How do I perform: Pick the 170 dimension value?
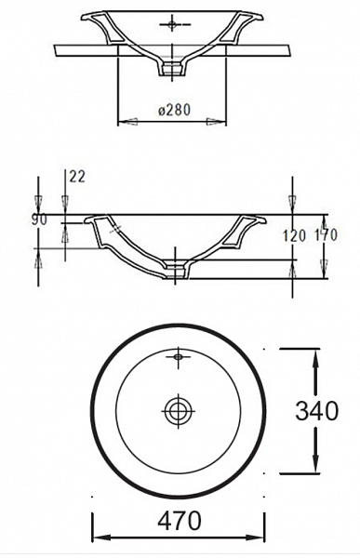click(326, 236)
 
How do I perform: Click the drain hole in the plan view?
click(177, 408)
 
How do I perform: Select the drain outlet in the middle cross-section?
click(177, 271)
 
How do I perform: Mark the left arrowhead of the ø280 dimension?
click(123, 120)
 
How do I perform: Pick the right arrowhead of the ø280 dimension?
click(221, 120)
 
